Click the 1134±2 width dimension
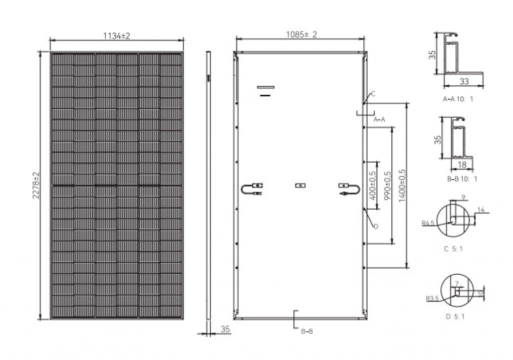pyautogui.click(x=116, y=36)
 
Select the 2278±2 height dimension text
pyautogui.click(x=36, y=184)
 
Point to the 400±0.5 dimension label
pyautogui.click(x=373, y=186)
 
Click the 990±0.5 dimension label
pyautogui.click(x=387, y=186)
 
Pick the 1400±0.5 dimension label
pyautogui.click(x=401, y=186)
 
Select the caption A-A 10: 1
pyautogui.click(x=458, y=99)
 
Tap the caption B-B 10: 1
pyautogui.click(x=458, y=178)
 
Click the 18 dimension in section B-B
pyautogui.click(x=462, y=164)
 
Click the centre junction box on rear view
pyautogui.click(x=300, y=185)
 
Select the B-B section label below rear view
pyautogui.click(x=307, y=331)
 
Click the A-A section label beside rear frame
pyautogui.click(x=380, y=119)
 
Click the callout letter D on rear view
pyautogui.click(x=375, y=226)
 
